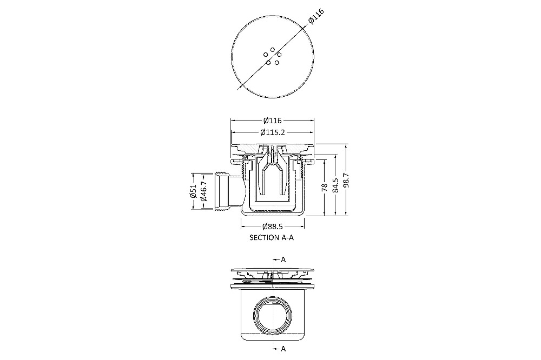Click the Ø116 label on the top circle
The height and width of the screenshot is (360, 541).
[x=316, y=16]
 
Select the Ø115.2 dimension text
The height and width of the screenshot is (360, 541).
[x=273, y=132]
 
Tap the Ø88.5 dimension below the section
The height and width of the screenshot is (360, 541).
[x=273, y=226]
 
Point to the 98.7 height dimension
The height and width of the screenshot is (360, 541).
[x=347, y=180]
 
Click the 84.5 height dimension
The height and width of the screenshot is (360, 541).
[x=335, y=185]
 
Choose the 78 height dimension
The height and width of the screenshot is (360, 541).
[x=324, y=187]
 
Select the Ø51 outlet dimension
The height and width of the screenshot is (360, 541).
[x=193, y=191]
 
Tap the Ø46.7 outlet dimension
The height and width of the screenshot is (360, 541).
[x=203, y=191]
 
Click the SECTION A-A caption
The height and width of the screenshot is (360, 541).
[x=272, y=238]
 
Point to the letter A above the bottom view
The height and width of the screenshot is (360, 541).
[x=283, y=259]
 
